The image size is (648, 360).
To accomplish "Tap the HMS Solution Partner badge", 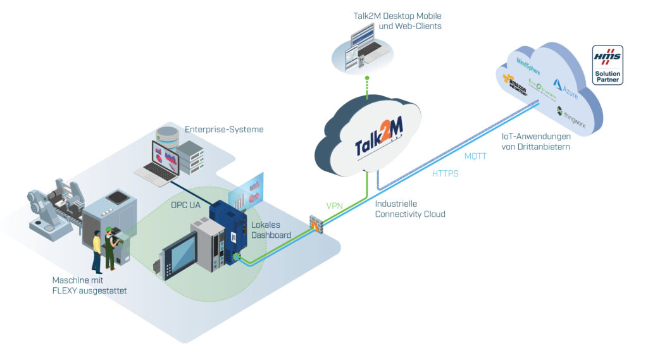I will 607,65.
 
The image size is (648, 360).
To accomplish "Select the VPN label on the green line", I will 335,206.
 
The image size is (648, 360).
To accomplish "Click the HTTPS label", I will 445,173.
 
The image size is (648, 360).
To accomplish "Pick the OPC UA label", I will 186,205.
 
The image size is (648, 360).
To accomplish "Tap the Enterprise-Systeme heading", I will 224,129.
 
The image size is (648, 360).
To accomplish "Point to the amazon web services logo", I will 514,84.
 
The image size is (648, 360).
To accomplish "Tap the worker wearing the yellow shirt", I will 97,251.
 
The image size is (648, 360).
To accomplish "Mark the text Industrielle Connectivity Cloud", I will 410,209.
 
